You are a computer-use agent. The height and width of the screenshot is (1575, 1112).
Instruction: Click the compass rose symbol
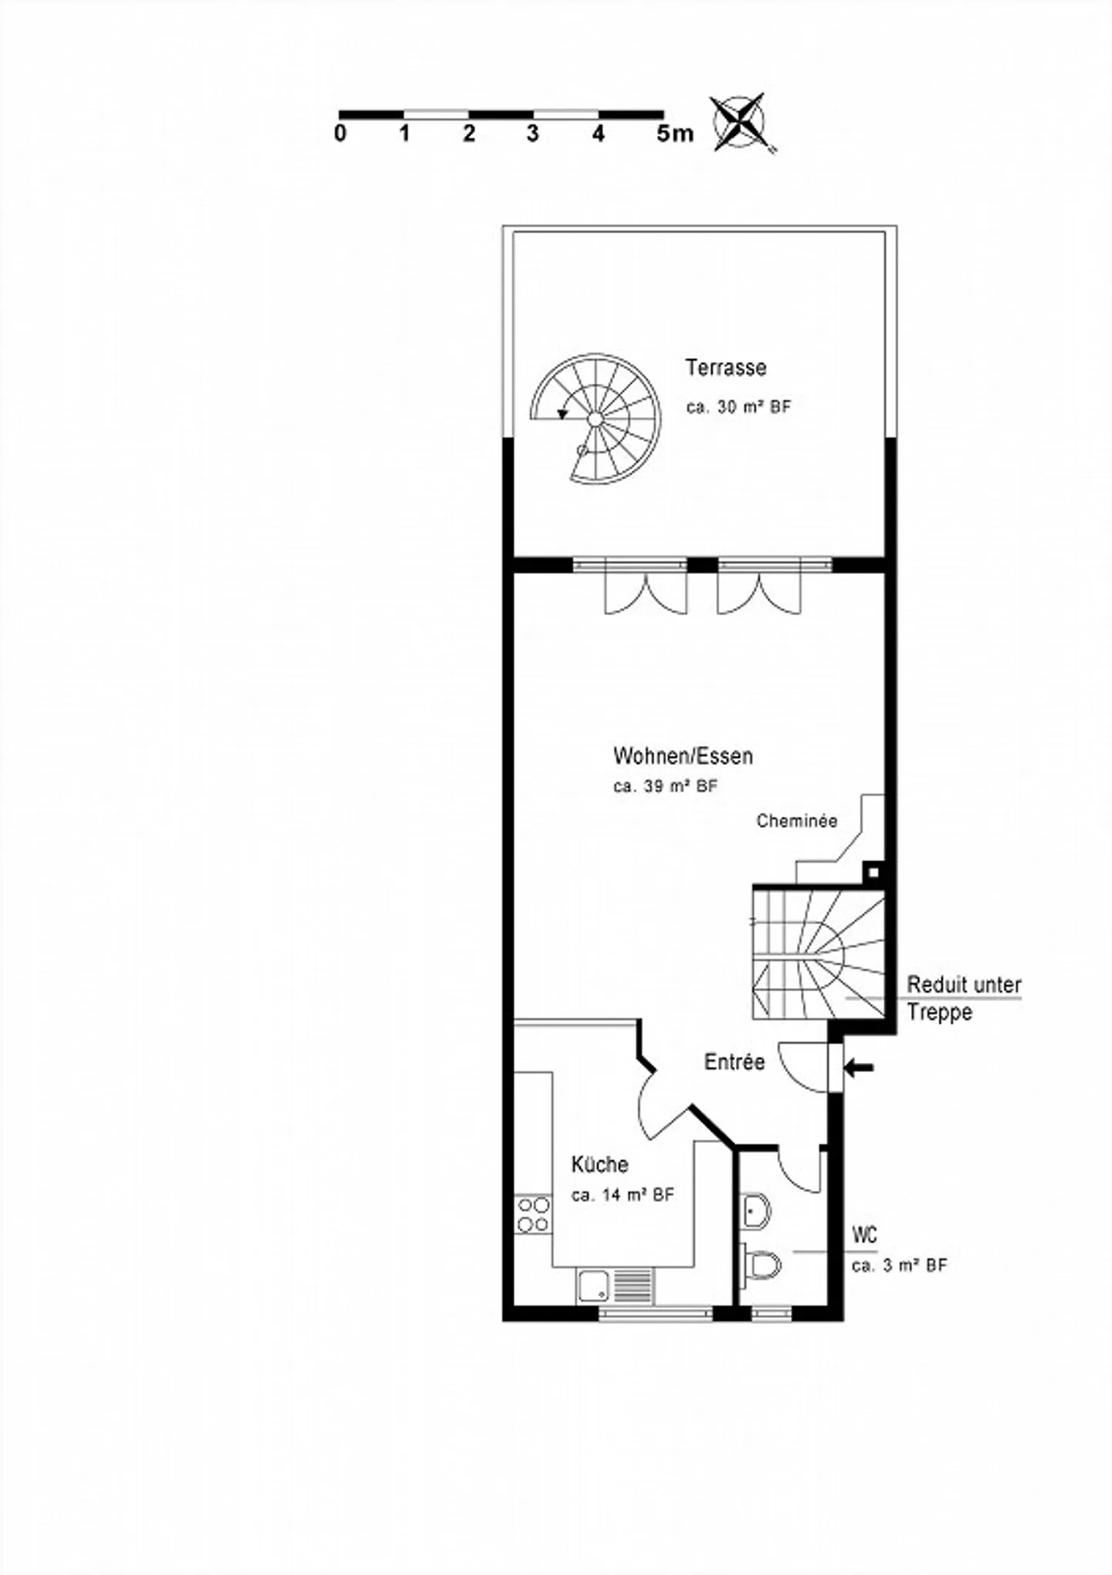[739, 122]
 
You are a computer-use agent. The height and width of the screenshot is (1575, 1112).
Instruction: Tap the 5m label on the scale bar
[674, 134]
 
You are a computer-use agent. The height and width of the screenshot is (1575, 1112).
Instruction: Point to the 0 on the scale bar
[341, 134]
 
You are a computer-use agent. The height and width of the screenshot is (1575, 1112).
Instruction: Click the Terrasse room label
[725, 368]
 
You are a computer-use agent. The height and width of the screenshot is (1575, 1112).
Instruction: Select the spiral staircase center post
[595, 419]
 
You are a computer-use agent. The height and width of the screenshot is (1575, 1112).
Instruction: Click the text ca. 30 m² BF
[738, 407]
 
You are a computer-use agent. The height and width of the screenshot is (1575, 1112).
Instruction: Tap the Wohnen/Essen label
[683, 755]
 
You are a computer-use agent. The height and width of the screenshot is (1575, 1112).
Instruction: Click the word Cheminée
[796, 821]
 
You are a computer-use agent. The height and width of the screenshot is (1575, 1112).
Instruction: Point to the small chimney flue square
[873, 872]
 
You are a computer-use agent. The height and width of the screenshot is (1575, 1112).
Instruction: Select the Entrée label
[734, 1062]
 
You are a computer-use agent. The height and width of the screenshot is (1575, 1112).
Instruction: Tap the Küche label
[599, 1164]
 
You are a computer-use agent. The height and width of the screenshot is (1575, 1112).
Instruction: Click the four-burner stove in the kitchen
[533, 1214]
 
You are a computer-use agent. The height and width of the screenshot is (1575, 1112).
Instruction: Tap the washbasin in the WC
[756, 1211]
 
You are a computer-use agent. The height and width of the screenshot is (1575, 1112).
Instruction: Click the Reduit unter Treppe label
[963, 998]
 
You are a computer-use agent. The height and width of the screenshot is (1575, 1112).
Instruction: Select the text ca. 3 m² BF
[899, 1266]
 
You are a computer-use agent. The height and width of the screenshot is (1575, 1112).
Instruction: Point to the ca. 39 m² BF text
[665, 787]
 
